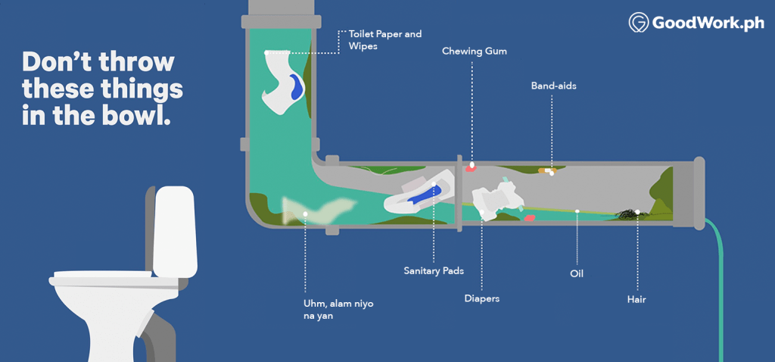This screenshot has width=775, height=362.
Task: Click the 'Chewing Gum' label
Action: tap(475, 51)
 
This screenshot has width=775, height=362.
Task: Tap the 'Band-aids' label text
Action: tap(553, 86)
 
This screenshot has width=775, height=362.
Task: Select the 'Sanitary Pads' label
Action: tap(433, 270)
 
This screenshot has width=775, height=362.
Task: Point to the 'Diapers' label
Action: tap(481, 298)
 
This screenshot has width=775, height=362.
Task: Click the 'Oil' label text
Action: tap(577, 273)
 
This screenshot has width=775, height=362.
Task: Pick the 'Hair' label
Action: tap(636, 299)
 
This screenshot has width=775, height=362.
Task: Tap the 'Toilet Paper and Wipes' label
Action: tap(384, 40)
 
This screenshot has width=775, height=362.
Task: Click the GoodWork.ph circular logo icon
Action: tap(640, 23)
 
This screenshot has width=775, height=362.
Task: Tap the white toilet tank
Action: tap(175, 231)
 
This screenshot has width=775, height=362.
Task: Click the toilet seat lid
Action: tap(102, 276)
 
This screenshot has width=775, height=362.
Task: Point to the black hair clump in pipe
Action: tap(628, 215)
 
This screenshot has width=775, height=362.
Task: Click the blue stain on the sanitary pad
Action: tap(425, 194)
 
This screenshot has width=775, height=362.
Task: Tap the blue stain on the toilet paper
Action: tap(296, 86)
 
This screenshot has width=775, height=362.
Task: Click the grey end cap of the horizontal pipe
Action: tap(698, 192)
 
